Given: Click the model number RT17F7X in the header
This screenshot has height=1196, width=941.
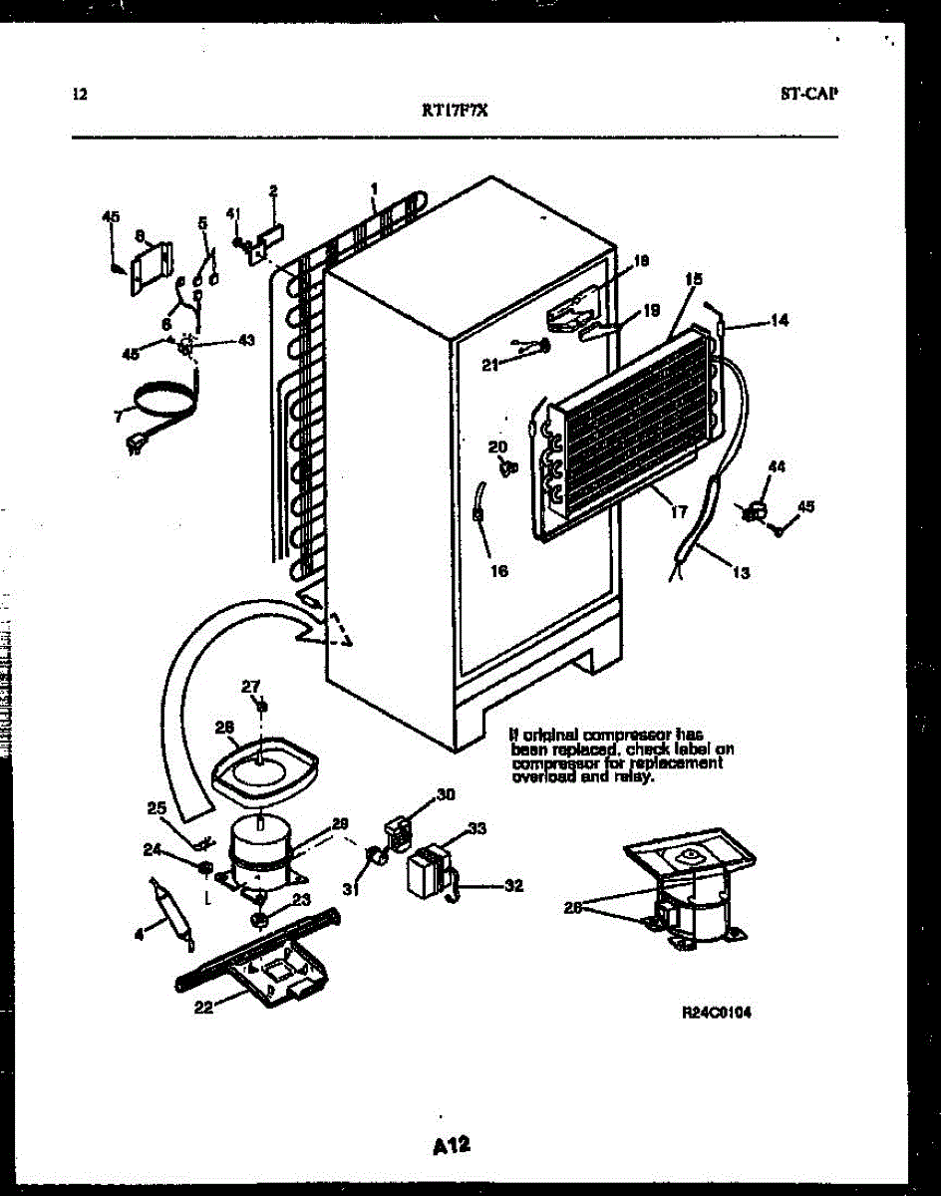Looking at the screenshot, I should click(x=455, y=112).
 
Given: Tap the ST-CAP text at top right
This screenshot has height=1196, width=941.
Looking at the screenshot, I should click(x=809, y=95).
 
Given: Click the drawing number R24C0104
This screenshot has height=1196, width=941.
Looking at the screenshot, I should click(x=717, y=1012).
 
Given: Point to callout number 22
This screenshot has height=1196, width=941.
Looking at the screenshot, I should click(x=202, y=1007).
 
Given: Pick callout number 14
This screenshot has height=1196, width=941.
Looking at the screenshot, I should click(x=779, y=321).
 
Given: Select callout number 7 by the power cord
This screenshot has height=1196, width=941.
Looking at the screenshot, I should click(x=118, y=416).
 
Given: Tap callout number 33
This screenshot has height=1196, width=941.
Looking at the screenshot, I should click(x=477, y=828).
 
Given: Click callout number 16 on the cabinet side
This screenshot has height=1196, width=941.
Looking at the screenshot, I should click(x=498, y=571).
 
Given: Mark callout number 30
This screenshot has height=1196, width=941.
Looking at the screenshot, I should click(x=446, y=794).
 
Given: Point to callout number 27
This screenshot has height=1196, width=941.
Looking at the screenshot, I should click(x=250, y=685).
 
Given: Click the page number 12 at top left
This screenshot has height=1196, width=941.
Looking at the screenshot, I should click(x=81, y=95).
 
